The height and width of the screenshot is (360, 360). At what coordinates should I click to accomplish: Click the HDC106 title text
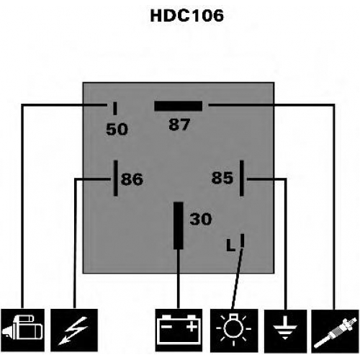pos(186,16)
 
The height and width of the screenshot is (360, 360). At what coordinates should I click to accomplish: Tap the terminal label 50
pos(117,129)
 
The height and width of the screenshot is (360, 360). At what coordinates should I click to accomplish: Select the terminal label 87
pos(179,125)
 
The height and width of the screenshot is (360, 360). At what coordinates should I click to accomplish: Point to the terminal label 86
pos(132,179)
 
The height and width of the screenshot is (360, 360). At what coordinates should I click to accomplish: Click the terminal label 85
pos(222,178)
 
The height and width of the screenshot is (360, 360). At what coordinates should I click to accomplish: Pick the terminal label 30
pos(201,219)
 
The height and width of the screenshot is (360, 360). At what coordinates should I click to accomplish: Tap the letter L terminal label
pos(230,245)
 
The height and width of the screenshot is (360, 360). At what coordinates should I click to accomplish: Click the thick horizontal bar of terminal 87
pos(179,106)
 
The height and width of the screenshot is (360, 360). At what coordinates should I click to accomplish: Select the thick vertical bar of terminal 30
pos(179,225)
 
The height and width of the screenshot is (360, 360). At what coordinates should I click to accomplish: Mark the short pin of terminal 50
pos(115,109)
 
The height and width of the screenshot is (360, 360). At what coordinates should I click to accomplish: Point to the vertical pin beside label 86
pos(116,178)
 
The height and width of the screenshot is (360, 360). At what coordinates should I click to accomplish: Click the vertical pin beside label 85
pos(242,178)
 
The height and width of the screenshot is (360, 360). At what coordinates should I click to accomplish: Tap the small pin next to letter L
pos(242,240)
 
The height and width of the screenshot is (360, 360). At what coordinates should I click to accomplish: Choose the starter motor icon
pos(23,330)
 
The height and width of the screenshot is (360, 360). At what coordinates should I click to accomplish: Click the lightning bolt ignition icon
pos(74,330)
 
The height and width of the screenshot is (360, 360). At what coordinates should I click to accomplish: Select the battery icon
pos(179,330)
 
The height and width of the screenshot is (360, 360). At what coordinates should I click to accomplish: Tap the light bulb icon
pos(234,330)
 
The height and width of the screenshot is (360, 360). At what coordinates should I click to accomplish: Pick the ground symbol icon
pos(286,331)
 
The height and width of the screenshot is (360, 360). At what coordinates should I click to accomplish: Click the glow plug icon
pos(336,331)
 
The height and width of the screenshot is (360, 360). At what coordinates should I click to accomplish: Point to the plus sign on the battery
pos(192,327)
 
